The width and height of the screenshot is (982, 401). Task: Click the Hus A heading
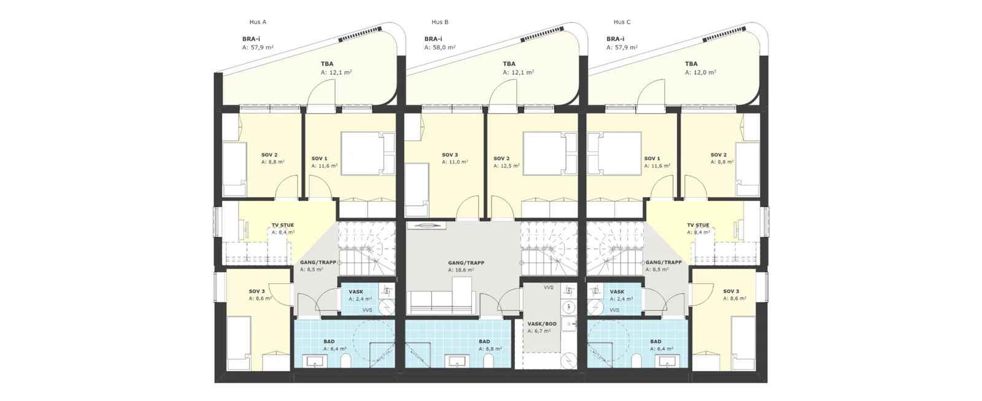click(x=258, y=22)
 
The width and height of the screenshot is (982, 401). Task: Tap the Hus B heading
click(x=439, y=22)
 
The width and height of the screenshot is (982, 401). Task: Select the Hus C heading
click(x=622, y=22)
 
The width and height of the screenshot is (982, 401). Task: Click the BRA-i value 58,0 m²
click(x=439, y=47)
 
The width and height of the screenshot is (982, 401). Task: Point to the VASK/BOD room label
click(x=542, y=324)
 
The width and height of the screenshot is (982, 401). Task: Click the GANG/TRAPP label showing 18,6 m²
click(x=466, y=263)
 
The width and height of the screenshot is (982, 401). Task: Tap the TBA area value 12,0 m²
click(x=700, y=72)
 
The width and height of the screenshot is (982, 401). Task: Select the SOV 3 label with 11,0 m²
click(x=450, y=155)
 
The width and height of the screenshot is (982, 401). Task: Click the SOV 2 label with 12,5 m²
click(x=501, y=159)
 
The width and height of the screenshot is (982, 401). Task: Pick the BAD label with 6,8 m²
click(x=484, y=342)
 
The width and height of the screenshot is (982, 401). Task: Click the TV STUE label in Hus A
click(x=283, y=226)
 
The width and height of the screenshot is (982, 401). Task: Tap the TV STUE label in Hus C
click(x=698, y=226)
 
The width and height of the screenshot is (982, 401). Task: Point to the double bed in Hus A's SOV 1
click(x=368, y=154)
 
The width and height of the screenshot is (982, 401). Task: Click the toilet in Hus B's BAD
click(x=488, y=361)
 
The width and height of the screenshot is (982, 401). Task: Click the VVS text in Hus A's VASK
click(x=368, y=310)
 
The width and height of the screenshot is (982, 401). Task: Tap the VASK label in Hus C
click(x=617, y=292)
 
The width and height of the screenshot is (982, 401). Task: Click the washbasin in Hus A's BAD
click(x=315, y=362)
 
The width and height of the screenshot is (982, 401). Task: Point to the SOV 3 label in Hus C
click(x=731, y=292)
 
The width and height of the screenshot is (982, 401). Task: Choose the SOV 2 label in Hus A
click(x=269, y=155)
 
